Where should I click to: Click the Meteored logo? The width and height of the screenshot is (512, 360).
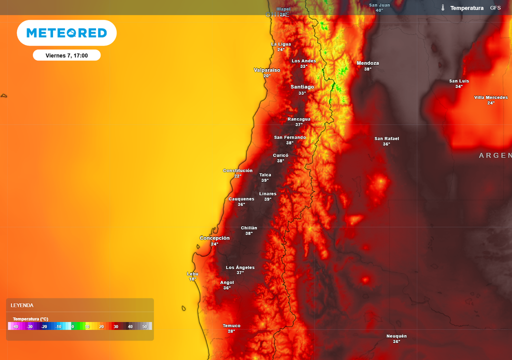[x=66, y=33]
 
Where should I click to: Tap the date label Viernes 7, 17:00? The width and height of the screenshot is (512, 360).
[x=66, y=55]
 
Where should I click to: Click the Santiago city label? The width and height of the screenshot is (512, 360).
[x=302, y=87]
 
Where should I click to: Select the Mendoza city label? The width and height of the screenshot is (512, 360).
[x=367, y=63]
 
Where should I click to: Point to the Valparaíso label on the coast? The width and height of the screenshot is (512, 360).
[x=267, y=70]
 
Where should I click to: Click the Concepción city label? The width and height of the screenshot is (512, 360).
[x=214, y=238]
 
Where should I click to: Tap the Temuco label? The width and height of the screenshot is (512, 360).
[x=231, y=326]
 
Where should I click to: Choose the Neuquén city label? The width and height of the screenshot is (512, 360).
[x=396, y=336]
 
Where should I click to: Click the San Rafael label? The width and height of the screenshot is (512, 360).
[x=386, y=138]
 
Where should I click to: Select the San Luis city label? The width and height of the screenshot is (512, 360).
[x=459, y=81]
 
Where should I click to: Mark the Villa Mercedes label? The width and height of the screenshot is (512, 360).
[x=490, y=97]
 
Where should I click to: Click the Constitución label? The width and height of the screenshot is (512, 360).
[x=237, y=170]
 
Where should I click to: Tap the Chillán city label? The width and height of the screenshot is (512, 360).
[x=249, y=228]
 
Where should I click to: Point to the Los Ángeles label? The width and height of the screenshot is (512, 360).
[x=240, y=267]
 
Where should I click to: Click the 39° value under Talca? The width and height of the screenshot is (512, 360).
[x=265, y=180]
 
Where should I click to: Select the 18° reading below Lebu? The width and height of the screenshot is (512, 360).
[x=192, y=279]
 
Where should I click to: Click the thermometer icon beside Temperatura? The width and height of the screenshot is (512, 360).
[x=443, y=8]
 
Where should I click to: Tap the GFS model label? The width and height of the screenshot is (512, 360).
[x=495, y=8]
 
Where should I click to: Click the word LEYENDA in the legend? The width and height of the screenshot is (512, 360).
[x=22, y=305]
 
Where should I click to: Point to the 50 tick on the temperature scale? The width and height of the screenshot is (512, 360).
[x=144, y=326]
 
